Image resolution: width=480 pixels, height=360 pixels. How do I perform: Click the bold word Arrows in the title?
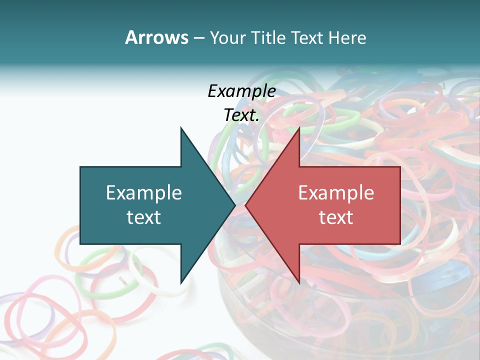(157, 37)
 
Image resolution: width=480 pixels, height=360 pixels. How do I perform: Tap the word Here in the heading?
(346, 37)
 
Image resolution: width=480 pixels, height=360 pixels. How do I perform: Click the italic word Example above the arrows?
(241, 91)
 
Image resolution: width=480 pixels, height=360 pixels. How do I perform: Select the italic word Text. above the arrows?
(241, 115)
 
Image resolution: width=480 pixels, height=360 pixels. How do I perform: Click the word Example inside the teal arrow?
(144, 193)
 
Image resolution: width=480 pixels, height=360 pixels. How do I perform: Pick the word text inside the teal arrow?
(144, 217)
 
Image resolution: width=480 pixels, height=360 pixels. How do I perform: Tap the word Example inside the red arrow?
(336, 193)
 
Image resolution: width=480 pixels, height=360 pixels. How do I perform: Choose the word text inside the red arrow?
(336, 217)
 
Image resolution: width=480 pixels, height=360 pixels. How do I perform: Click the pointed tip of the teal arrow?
(235, 205)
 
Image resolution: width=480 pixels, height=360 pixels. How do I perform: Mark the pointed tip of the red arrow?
(245, 205)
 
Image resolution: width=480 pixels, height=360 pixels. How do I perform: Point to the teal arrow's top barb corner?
(181, 127)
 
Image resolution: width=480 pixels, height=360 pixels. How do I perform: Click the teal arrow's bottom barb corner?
(181, 283)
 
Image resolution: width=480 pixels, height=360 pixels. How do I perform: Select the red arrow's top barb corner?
(299, 127)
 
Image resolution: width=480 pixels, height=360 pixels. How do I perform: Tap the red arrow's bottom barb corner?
(299, 283)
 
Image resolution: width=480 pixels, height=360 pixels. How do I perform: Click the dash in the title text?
(198, 38)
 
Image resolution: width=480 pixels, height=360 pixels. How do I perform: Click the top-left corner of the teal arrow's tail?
(80, 167)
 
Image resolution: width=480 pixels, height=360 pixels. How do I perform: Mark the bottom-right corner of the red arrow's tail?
(400, 243)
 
